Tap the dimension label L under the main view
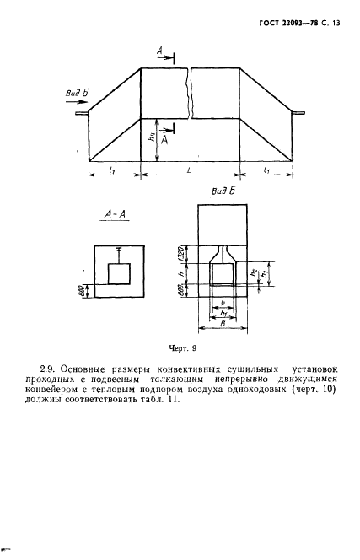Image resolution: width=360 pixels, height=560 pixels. [x=189, y=170]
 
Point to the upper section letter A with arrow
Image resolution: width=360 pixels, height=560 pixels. [x=159, y=53]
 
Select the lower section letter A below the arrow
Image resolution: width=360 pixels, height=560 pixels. [x=164, y=143]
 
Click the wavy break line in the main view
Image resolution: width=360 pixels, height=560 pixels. [x=191, y=93]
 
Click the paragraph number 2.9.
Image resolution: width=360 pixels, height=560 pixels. [x=48, y=368]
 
